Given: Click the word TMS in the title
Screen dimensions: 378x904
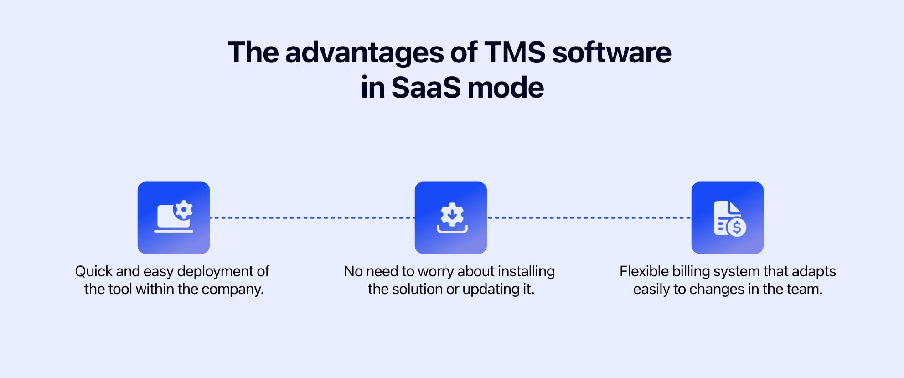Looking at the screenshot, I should pyautogui.click(x=514, y=52).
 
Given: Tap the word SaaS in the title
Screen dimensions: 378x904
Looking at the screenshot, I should pyautogui.click(x=426, y=87).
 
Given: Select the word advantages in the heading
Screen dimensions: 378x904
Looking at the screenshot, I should pyautogui.click(x=364, y=53).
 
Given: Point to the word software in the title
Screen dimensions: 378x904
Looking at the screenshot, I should pyautogui.click(x=612, y=52).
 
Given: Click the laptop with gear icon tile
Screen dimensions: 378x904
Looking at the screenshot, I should pyautogui.click(x=174, y=217).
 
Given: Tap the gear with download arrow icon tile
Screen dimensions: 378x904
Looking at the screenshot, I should pyautogui.click(x=451, y=217).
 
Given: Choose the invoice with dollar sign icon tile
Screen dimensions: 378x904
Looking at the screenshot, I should pyautogui.click(x=728, y=217).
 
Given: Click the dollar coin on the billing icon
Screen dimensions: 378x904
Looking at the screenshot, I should pyautogui.click(x=736, y=227).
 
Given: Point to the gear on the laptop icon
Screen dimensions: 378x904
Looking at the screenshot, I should pyautogui.click(x=184, y=210).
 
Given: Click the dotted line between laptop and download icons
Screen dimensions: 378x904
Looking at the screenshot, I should pyautogui.click(x=312, y=218).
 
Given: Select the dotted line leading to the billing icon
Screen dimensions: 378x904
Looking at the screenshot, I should pyautogui.click(x=589, y=218).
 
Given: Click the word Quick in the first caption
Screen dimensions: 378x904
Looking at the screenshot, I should pyautogui.click(x=93, y=272).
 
